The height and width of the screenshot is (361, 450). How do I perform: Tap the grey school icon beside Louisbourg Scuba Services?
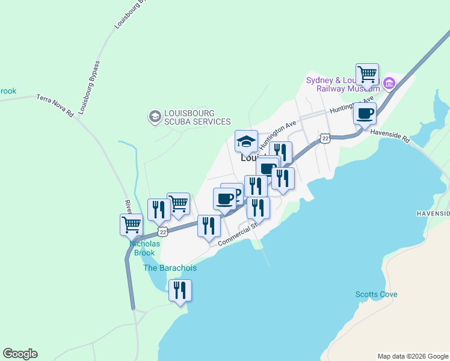155,116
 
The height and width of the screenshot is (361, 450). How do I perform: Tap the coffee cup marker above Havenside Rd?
365,114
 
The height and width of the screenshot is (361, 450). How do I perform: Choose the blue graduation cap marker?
246,142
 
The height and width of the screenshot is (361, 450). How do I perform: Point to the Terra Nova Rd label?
55,105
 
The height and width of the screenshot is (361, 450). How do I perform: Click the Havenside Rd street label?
390,136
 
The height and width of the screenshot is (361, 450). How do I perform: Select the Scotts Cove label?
376,295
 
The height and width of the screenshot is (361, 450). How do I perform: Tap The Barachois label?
170,268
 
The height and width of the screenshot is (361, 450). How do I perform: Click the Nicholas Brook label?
145,248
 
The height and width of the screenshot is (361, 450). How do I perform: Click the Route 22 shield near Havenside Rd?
325,138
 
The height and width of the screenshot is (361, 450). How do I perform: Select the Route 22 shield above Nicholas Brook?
162,232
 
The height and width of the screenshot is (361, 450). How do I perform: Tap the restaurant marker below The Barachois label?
180,291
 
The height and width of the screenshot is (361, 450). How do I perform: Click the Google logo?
20,354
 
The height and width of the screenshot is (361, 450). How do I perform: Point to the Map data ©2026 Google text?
413,356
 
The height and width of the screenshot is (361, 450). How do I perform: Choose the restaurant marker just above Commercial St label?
209,226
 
